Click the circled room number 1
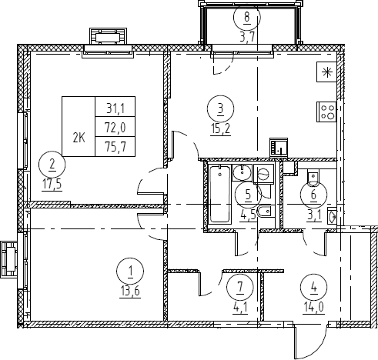[x=130, y=271]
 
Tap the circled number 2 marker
[x=52, y=165]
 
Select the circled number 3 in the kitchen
[x=220, y=108]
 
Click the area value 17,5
[x=52, y=185]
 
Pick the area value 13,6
[x=130, y=292]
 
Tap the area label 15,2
[x=220, y=130]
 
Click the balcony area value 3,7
[x=247, y=37]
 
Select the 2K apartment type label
[x=79, y=138]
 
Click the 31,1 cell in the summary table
[x=115, y=108]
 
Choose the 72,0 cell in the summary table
[x=115, y=127]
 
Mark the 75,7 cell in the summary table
[x=115, y=147]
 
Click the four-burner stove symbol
[x=326, y=112]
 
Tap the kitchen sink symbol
[x=279, y=148]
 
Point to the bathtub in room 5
[x=219, y=194]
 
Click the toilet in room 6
[x=313, y=178]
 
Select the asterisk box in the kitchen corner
[x=326, y=72]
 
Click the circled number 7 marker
[x=240, y=287]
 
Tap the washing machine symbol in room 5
[x=264, y=174]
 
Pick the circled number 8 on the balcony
[x=247, y=17]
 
